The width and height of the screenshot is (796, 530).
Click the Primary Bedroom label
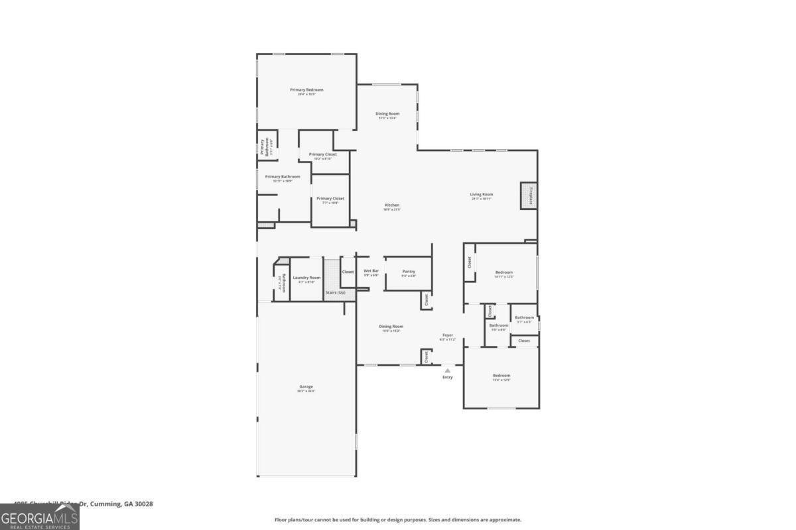pyautogui.click(x=306, y=89)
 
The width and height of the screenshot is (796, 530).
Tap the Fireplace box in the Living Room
pyautogui.click(x=529, y=196)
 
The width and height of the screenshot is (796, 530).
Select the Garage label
pyautogui.click(x=306, y=387)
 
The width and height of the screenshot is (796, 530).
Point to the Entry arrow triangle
pyautogui.click(x=448, y=370)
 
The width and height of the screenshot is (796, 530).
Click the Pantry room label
pyautogui.click(x=409, y=272)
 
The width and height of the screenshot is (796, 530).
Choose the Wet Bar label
pyautogui.click(x=371, y=271)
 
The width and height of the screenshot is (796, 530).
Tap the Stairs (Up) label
pyautogui.click(x=335, y=292)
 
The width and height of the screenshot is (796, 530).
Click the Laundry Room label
pyautogui.click(x=306, y=278)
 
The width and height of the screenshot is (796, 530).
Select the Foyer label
pyautogui.click(x=448, y=335)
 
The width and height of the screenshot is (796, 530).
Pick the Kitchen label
pyautogui.click(x=392, y=205)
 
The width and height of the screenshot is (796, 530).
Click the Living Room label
pyautogui.click(x=482, y=195)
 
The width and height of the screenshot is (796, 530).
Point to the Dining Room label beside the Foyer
pyautogui.click(x=391, y=327)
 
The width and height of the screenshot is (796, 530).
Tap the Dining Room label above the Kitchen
pyautogui.click(x=388, y=114)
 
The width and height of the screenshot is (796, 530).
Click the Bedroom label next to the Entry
pyautogui.click(x=501, y=376)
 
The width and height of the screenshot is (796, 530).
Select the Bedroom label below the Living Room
pyautogui.click(x=504, y=272)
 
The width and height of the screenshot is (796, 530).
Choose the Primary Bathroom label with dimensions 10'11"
pyautogui.click(x=283, y=177)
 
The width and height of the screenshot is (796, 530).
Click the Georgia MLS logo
pyautogui.click(x=40, y=517)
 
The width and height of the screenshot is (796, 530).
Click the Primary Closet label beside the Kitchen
pyautogui.click(x=330, y=199)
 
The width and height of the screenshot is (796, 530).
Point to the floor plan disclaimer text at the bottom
pyautogui.click(x=398, y=520)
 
